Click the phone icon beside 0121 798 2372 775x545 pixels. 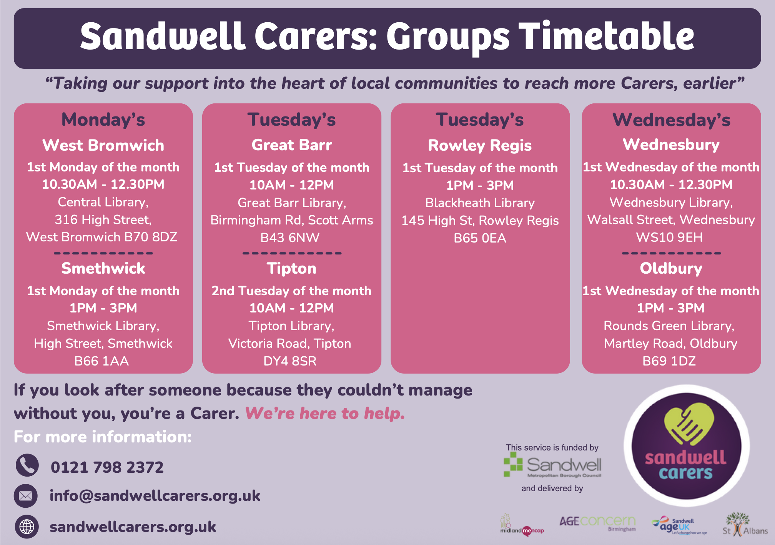[27, 465]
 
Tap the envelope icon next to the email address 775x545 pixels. [26, 496]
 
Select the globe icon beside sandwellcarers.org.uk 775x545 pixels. [27, 527]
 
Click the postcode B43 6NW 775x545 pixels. [290, 238]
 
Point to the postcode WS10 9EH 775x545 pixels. [669, 238]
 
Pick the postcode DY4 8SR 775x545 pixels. [290, 361]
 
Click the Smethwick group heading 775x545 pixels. [103, 268]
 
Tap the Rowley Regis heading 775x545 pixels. [480, 146]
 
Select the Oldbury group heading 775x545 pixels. [671, 268]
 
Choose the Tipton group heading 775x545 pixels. [291, 268]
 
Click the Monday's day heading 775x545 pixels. [103, 120]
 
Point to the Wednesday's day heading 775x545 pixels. [671, 120]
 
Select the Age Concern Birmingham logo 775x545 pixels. [597, 523]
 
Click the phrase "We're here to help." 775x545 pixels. [325, 414]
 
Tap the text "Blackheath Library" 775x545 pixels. [480, 203]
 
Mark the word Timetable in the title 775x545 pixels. [607, 36]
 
